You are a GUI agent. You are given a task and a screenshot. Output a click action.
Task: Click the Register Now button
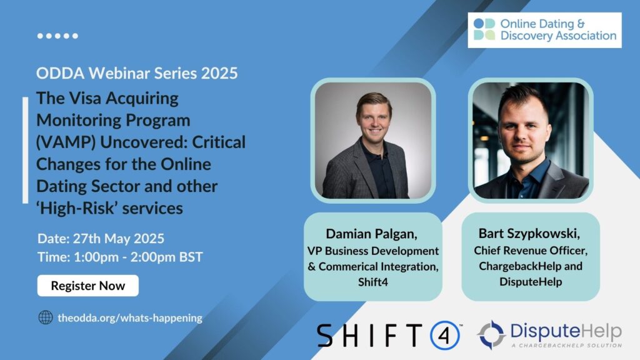tap(87, 286)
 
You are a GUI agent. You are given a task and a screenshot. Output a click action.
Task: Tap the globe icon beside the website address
tap(45, 317)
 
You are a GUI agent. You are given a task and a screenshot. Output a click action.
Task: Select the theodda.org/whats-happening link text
tap(130, 317)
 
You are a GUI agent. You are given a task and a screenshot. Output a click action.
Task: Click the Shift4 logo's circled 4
tap(445, 336)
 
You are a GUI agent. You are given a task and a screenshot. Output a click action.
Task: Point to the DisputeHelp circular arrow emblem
tap(491, 335)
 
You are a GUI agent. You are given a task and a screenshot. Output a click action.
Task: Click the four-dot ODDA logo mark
tap(484, 29)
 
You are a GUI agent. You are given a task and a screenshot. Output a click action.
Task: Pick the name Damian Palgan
tap(371, 234)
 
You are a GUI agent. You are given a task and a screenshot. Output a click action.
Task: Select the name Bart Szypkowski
tap(529, 234)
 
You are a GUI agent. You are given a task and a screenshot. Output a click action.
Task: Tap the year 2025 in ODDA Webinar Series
tap(219, 74)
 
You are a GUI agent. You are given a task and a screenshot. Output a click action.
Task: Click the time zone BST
tap(191, 257)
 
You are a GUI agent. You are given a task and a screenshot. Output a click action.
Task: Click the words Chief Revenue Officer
tap(530, 250)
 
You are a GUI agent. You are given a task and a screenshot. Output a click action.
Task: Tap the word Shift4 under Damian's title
tap(373, 282)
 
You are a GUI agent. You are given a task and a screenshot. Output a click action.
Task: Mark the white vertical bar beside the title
tap(25, 150)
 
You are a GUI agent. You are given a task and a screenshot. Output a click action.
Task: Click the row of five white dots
tap(57, 36)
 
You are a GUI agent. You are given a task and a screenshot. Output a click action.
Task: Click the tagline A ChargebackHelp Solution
tap(567, 346)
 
